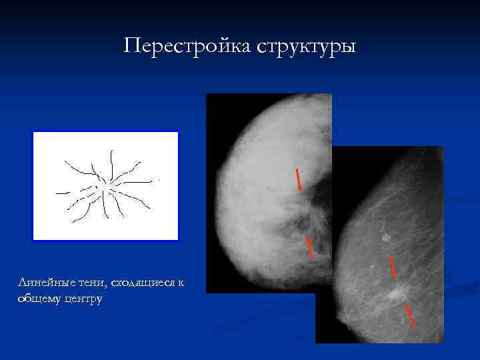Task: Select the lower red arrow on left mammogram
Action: (310, 246)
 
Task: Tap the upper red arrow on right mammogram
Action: (393, 265)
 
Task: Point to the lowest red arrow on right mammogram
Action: (410, 316)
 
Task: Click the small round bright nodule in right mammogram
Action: (385, 237)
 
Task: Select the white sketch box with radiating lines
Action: (106, 186)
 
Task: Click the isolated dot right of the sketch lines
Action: (159, 180)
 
